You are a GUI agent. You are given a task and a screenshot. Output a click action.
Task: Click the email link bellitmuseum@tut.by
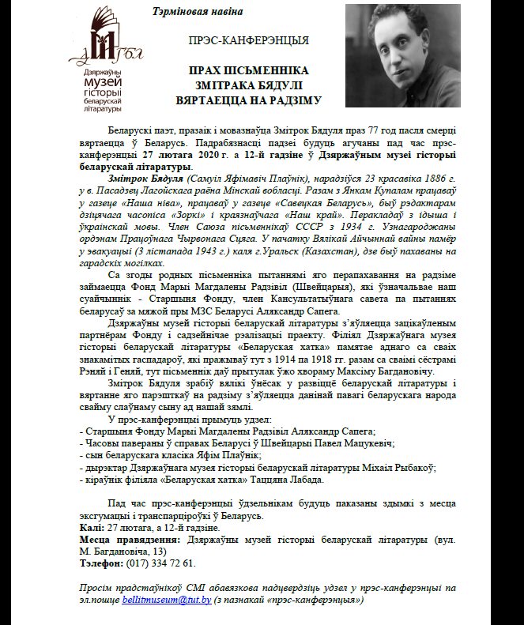tap(167, 601)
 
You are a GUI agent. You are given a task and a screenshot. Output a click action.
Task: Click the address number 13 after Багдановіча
tap(159, 551)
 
